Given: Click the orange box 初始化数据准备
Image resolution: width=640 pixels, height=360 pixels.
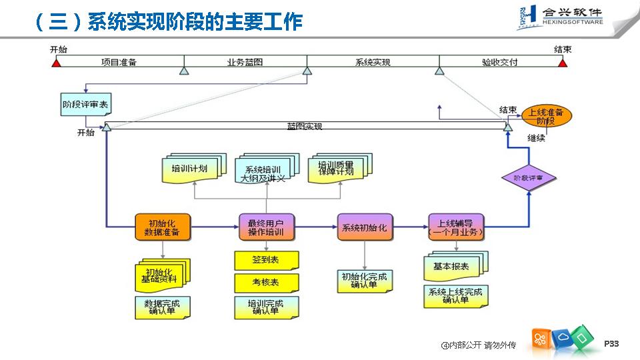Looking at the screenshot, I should tap(162, 227).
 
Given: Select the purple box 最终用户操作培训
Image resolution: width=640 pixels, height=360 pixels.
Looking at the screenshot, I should tap(266, 227).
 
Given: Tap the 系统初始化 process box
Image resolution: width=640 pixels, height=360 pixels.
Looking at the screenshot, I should tap(364, 227).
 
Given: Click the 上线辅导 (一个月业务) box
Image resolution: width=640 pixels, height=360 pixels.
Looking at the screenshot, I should tap(456, 227).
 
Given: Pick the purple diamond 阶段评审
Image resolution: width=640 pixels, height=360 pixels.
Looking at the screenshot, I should tap(528, 178).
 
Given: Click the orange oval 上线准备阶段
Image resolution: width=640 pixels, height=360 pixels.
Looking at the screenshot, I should tap(546, 117).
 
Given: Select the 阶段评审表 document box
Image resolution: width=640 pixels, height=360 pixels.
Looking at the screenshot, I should tap(86, 105).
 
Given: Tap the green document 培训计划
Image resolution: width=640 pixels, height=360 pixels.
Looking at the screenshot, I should tap(189, 169).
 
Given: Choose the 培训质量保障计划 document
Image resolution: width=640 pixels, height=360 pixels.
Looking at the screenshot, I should tap(336, 169).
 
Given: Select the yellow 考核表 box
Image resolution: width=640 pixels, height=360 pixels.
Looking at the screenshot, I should tap(266, 282).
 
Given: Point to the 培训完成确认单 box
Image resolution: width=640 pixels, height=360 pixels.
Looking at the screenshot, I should tap(266, 307).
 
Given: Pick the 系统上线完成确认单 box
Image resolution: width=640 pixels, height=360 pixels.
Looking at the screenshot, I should tap(455, 296).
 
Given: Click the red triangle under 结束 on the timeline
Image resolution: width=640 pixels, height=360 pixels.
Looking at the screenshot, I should tap(563, 63).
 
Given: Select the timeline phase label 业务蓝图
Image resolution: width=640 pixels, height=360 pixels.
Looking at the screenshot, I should tap(245, 62).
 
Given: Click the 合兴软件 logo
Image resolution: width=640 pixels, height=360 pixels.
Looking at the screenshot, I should tap(560, 17).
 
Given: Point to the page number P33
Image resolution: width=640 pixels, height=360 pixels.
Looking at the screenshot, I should tap(611, 343).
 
